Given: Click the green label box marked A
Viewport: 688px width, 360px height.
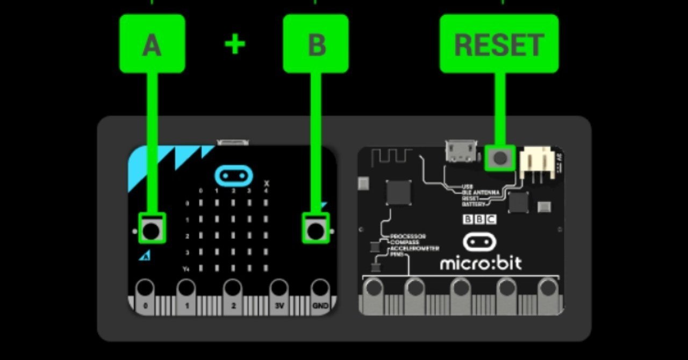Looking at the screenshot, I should pyautogui.click(x=152, y=44).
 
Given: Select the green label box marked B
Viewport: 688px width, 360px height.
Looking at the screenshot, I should pyautogui.click(x=316, y=44).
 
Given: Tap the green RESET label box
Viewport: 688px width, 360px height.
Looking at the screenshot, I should pyautogui.click(x=499, y=44).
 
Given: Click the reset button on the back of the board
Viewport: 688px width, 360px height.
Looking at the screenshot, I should pyautogui.click(x=500, y=158).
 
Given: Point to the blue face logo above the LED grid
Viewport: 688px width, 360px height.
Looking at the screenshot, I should pyautogui.click(x=233, y=175).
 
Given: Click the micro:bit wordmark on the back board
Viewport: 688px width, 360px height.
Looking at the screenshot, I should pyautogui.click(x=481, y=264).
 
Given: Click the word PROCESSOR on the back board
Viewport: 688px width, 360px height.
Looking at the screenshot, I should pyautogui.click(x=408, y=236).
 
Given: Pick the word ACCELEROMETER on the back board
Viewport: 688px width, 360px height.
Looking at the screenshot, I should pyautogui.click(x=414, y=248).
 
